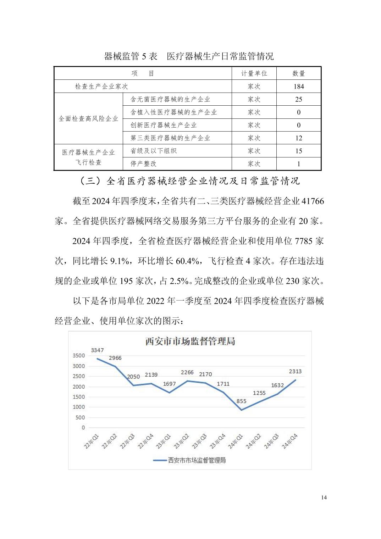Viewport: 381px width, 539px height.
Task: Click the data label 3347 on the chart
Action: (97, 350)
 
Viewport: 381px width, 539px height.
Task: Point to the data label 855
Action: (241, 401)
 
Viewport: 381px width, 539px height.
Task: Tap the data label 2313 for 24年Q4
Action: (295, 371)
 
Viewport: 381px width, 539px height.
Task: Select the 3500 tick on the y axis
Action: (79, 356)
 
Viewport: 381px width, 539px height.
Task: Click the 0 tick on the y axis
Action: (83, 428)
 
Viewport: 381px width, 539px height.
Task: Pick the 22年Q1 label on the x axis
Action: (91, 441)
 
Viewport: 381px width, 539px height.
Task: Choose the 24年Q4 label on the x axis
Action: (289, 441)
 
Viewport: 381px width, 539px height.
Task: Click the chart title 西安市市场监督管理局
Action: (190, 341)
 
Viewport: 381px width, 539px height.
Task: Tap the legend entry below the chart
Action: (190, 460)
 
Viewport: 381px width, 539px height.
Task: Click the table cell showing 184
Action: (299, 86)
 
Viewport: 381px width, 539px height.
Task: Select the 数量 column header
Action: (299, 73)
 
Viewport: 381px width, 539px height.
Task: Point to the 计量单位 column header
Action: (254, 73)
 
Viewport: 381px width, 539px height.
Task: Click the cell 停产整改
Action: (144, 164)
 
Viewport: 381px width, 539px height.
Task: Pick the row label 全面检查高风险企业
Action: (88, 118)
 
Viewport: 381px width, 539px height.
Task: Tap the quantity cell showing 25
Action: (299, 99)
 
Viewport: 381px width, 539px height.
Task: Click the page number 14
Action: (324, 498)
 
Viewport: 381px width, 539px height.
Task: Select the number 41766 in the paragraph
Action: (313, 201)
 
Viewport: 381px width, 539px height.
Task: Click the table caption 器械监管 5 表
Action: (131, 56)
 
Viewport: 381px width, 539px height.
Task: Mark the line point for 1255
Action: (259, 401)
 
